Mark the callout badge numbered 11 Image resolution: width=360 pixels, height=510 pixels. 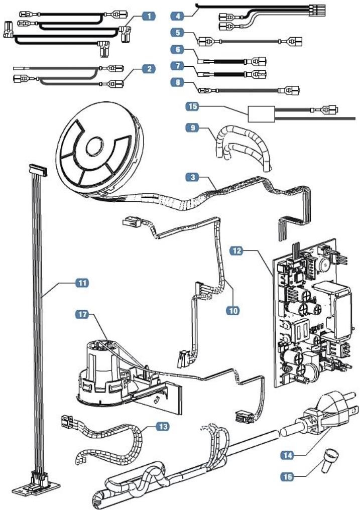tap(81, 283)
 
